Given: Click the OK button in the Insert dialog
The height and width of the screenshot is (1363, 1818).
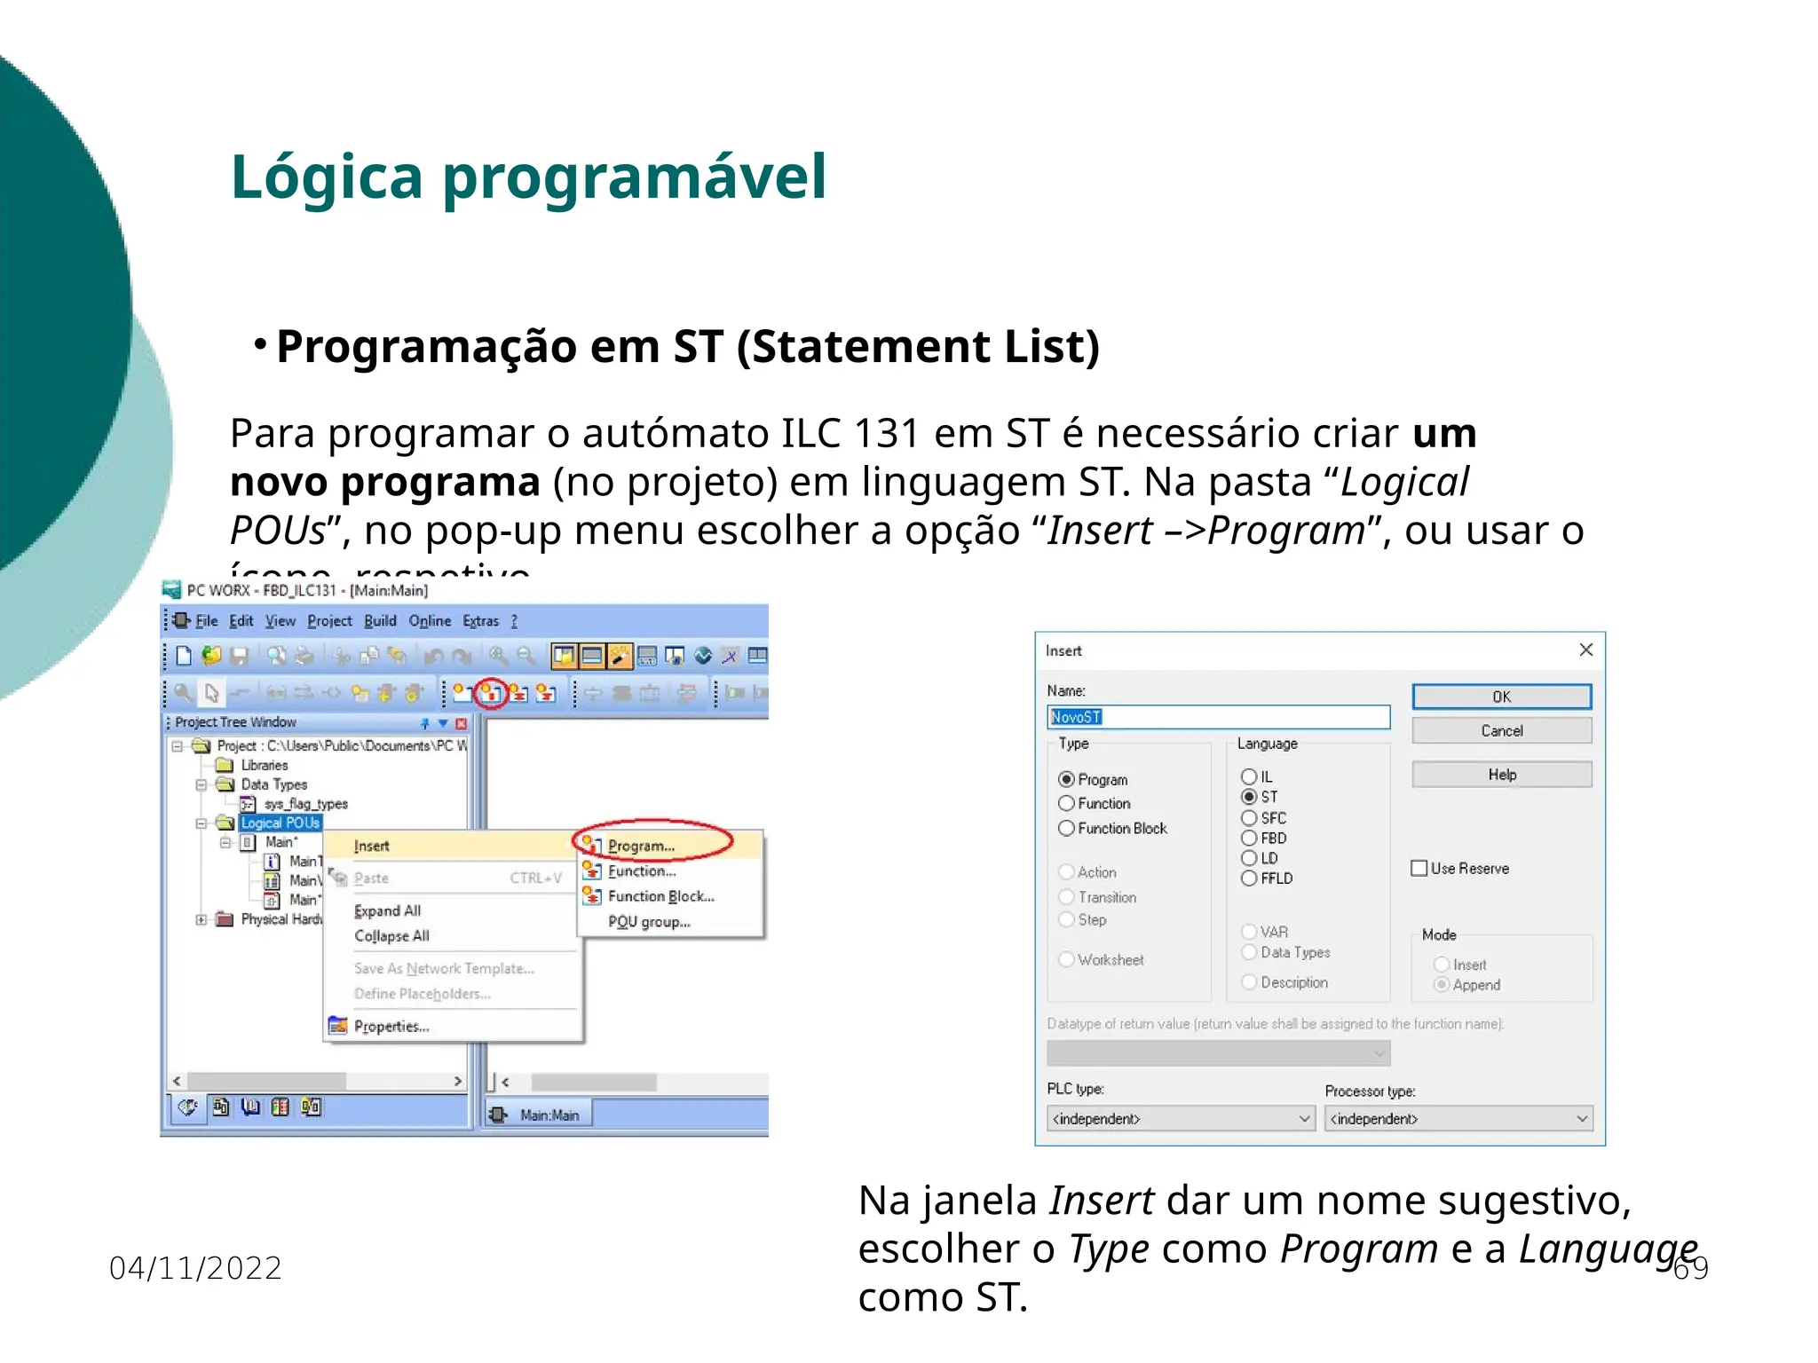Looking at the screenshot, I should point(1501,697).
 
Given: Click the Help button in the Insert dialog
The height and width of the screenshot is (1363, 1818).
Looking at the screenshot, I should point(1501,775).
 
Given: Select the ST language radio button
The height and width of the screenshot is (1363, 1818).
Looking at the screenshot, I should point(1249,797).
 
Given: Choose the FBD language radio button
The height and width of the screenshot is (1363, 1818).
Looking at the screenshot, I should point(1249,838).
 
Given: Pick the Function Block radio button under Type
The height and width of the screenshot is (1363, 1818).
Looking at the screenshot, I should point(1067,828).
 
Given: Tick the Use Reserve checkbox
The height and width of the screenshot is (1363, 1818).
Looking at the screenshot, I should point(1419,868).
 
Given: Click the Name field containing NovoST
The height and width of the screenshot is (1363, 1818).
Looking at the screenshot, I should point(1218,717).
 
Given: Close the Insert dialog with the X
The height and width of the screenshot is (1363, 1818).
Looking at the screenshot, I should point(1586,650).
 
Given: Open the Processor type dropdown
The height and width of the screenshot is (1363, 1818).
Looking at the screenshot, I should point(1458,1118).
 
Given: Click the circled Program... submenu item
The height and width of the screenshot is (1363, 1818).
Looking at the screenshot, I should point(642,846).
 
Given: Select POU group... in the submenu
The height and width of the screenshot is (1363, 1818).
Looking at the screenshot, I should point(649,921).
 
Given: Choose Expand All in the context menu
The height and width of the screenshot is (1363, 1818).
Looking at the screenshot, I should point(388,910).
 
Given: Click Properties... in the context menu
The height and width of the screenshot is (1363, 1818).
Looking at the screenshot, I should point(391,1026).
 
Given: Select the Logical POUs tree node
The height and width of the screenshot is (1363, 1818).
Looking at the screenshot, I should point(280,823).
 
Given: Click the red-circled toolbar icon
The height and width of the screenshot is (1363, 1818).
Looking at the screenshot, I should point(490,693).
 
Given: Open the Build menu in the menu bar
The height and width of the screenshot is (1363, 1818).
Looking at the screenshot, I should point(380,621).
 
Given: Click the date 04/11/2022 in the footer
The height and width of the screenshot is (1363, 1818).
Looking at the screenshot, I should point(195,1268).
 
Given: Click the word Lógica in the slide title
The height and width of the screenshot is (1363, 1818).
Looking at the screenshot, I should point(327,177).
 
